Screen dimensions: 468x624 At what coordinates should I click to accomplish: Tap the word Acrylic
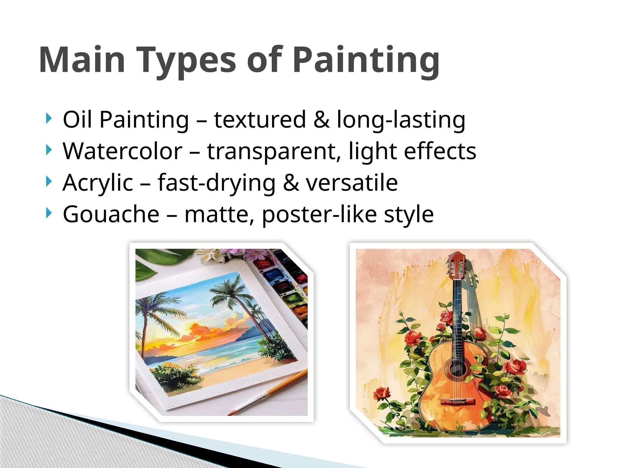tap(98, 183)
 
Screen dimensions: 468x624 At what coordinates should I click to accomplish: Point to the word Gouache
tap(111, 214)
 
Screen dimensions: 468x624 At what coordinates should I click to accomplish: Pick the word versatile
tap(352, 183)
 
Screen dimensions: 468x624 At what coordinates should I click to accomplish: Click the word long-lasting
tap(401, 120)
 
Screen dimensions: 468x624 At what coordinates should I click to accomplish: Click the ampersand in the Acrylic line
tap(291, 183)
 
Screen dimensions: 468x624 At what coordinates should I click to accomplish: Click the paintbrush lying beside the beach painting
tap(268, 393)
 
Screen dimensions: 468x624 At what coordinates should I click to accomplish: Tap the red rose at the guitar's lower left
tap(381, 393)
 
